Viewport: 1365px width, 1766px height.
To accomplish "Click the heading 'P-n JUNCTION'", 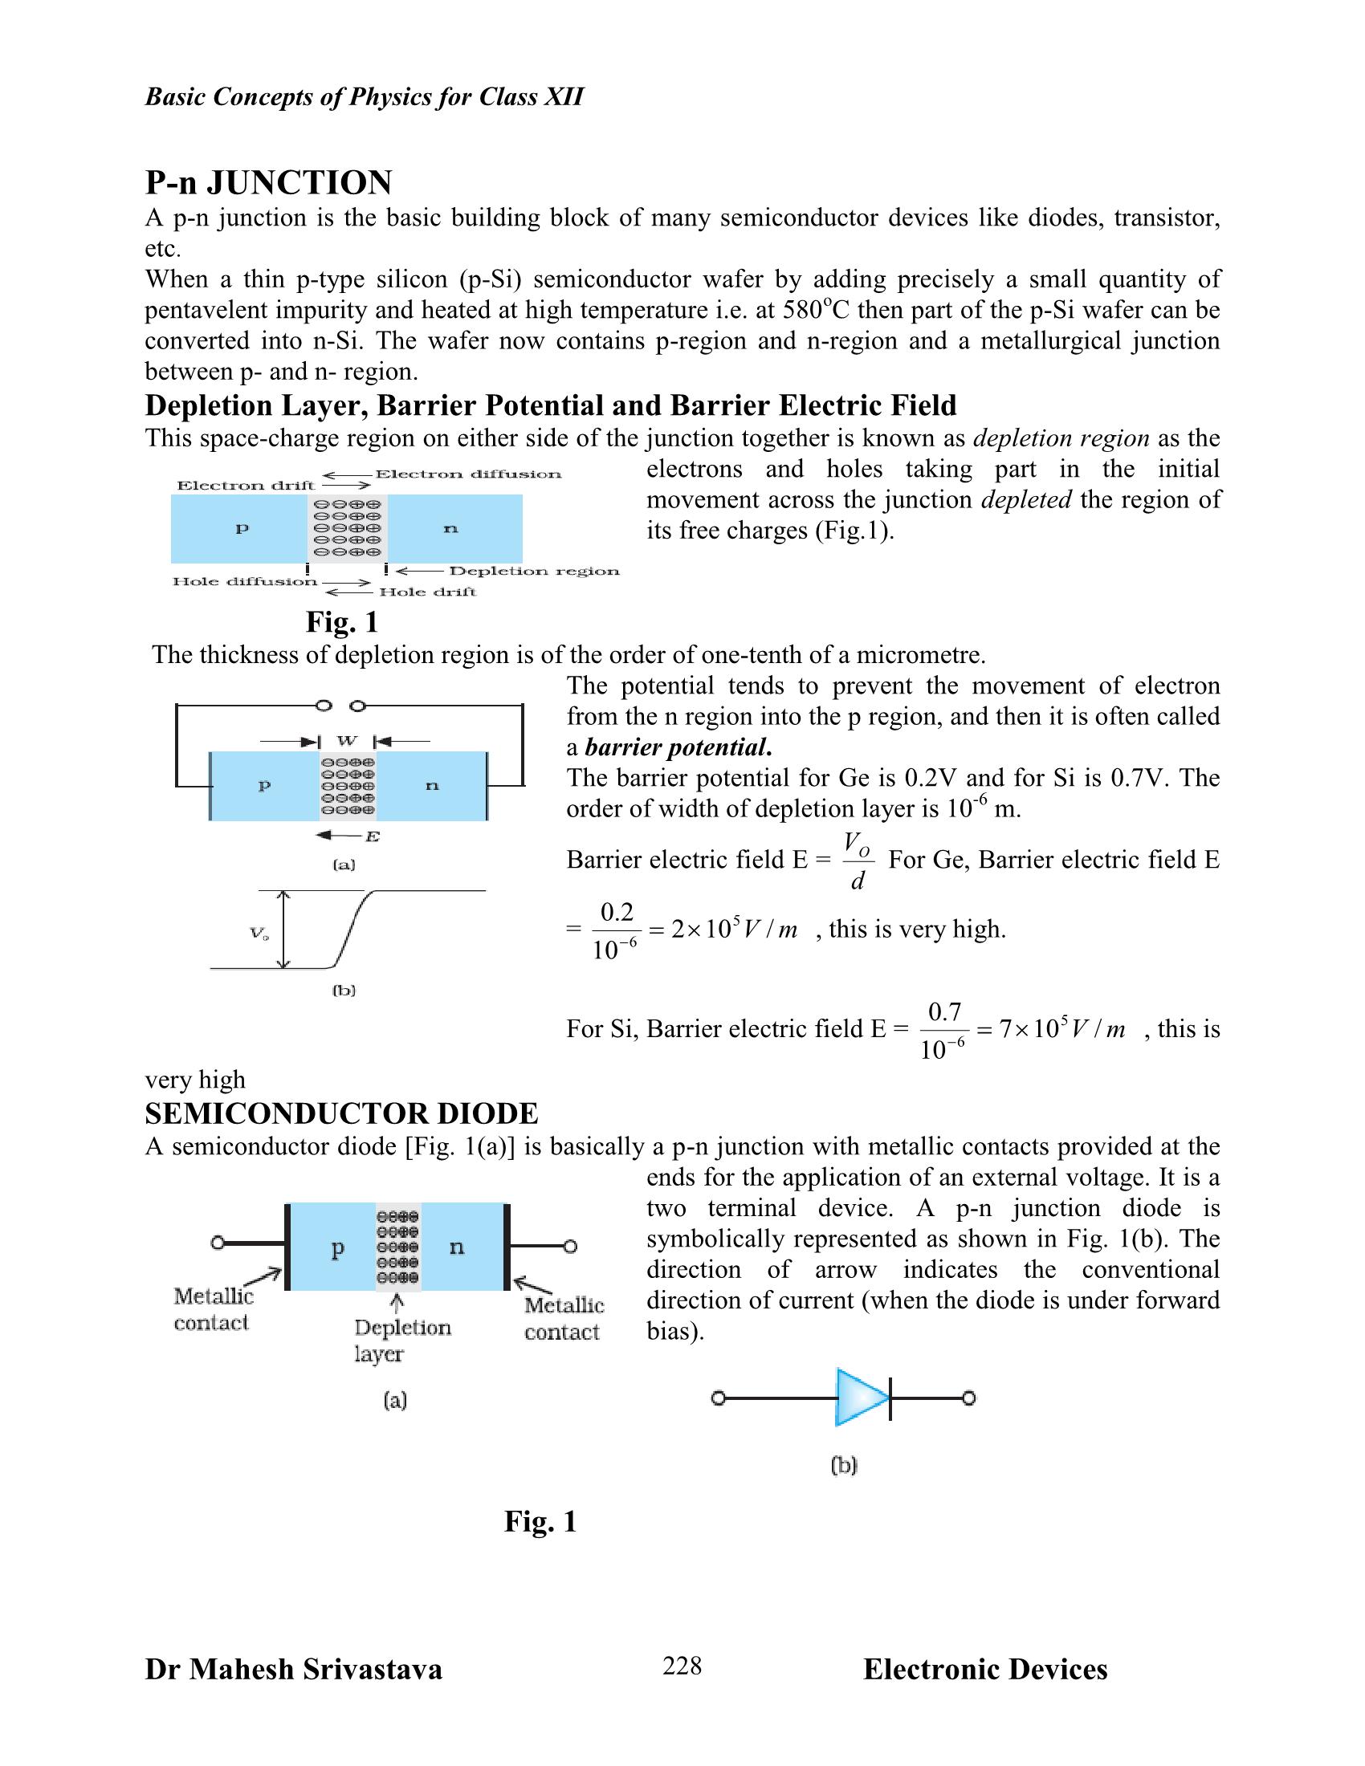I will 268,183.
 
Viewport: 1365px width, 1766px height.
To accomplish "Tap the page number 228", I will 682,1666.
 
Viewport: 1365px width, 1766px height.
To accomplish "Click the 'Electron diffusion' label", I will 468,474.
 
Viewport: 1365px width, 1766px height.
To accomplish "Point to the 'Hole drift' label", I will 428,592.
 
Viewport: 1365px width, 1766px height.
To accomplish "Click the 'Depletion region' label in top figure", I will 535,571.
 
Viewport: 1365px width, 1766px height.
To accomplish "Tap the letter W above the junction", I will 347,741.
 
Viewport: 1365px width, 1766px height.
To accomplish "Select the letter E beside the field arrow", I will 372,836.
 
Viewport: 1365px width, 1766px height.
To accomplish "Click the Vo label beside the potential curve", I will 259,933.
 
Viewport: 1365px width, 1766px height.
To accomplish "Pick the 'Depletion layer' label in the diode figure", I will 402,1340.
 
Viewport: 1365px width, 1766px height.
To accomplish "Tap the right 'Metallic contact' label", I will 564,1318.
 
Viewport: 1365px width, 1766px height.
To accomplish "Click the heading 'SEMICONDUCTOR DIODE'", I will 341,1113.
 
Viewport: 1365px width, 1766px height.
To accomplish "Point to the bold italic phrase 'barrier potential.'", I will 678,747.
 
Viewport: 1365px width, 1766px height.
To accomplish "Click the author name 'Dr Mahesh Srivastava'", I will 294,1670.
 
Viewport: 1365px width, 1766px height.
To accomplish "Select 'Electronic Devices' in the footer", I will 985,1670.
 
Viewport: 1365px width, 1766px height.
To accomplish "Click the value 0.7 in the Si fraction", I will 943,1012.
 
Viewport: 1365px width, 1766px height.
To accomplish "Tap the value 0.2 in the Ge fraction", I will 616,912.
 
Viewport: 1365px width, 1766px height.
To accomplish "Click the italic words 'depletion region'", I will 1061,438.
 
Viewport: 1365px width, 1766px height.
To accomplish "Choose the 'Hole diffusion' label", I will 245,581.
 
